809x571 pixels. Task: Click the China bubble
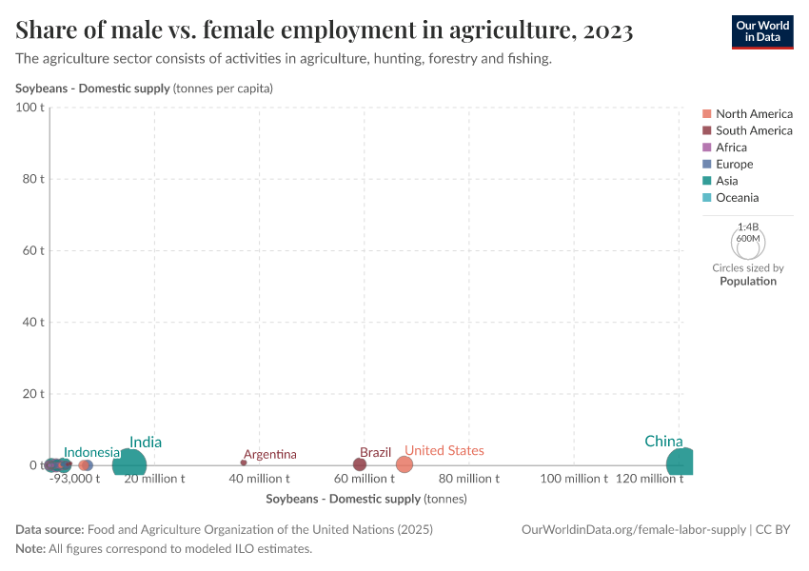pyautogui.click(x=681, y=463)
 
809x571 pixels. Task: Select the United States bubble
pyautogui.click(x=404, y=464)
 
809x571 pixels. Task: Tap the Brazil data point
pyautogui.click(x=360, y=464)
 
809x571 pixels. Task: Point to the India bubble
pyautogui.click(x=129, y=464)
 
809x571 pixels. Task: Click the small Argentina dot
pyautogui.click(x=244, y=463)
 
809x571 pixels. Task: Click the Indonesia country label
pyautogui.click(x=92, y=452)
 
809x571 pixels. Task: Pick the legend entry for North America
pyautogui.click(x=754, y=114)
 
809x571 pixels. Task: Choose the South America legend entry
pyautogui.click(x=754, y=130)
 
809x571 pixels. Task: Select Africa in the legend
pyautogui.click(x=731, y=148)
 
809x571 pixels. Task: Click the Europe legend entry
pyautogui.click(x=735, y=164)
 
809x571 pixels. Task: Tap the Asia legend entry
pyautogui.click(x=726, y=181)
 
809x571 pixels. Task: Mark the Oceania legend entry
pyautogui.click(x=737, y=198)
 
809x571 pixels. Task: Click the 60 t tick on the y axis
pyautogui.click(x=34, y=250)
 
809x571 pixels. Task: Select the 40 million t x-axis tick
pyautogui.click(x=259, y=479)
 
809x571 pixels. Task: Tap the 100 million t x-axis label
pyautogui.click(x=574, y=479)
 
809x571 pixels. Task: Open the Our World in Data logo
pyautogui.click(x=761, y=31)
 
